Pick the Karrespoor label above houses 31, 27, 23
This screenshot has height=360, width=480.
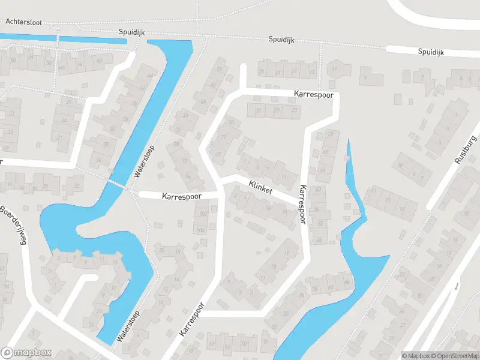(x=313, y=94)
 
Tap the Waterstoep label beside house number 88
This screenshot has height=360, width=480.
(x=145, y=161)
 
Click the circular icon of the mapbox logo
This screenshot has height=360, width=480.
(x=7, y=353)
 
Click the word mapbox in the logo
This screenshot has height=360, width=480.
(x=32, y=353)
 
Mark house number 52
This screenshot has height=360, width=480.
(x=320, y=223)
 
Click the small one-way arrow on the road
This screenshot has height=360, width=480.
(x=456, y=285)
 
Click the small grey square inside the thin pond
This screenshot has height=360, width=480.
(x=347, y=158)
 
